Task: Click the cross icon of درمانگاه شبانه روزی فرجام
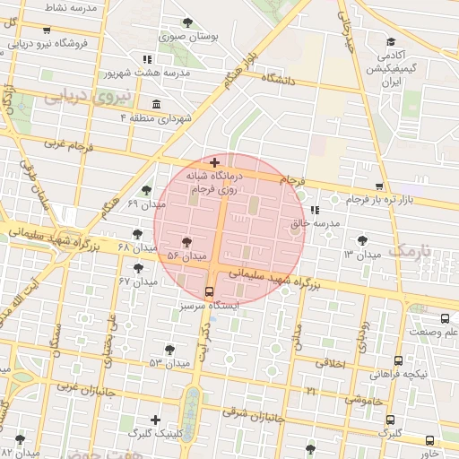click(x=213, y=162)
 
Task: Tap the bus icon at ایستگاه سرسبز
click(x=210, y=291)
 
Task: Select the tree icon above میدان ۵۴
click(x=186, y=242)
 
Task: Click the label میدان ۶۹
click(x=146, y=204)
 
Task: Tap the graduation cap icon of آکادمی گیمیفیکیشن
click(x=391, y=41)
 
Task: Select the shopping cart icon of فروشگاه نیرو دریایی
click(x=46, y=30)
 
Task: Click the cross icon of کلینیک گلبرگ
click(x=156, y=419)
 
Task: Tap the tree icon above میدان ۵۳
click(x=169, y=349)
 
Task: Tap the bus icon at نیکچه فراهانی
click(x=398, y=359)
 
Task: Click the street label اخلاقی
click(x=331, y=363)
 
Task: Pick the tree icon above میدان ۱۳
click(x=362, y=240)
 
